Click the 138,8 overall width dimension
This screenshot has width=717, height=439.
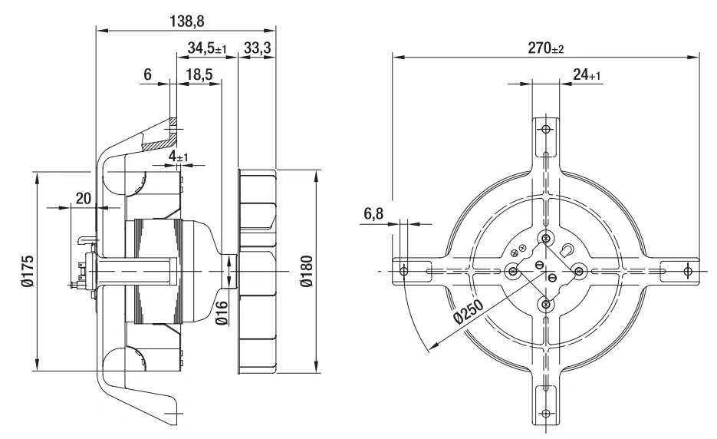tap(186, 21)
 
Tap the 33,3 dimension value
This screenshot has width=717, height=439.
tap(257, 47)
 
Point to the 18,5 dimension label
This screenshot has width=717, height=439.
tap(199, 74)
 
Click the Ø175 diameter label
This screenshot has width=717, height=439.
tap(28, 271)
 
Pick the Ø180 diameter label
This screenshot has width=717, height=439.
tap(307, 271)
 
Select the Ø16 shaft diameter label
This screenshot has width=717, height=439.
tap(222, 312)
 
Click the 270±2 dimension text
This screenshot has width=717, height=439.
tap(546, 48)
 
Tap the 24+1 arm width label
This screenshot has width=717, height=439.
tap(587, 74)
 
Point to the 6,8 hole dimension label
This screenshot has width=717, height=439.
tap(373, 213)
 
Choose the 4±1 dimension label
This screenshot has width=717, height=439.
tap(179, 156)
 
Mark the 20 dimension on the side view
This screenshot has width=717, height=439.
tap(84, 198)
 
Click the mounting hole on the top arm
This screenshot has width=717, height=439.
tap(545, 129)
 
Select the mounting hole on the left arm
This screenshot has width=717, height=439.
tap(404, 271)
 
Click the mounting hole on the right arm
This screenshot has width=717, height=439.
tap(688, 271)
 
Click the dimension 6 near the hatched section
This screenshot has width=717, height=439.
tap(147, 74)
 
